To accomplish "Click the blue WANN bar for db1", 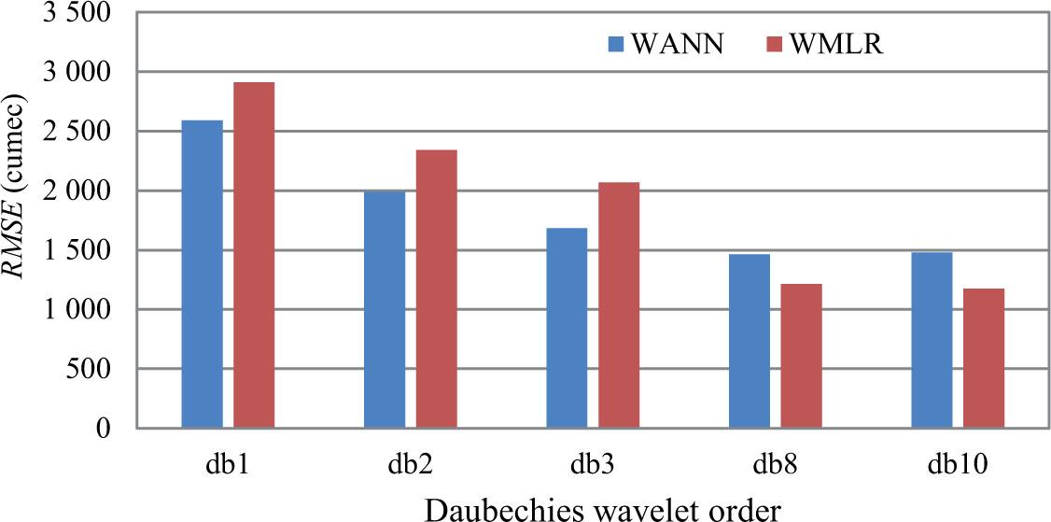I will point(203,275).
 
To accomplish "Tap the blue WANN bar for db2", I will point(385,309).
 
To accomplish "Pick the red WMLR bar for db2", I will point(436,289).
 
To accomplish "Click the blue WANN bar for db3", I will point(567,328).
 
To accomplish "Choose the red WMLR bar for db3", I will point(619,305).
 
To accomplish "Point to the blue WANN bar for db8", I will point(750,341).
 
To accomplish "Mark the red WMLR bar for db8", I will point(801,356).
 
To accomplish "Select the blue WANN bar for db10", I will point(932,340).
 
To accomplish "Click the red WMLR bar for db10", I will point(984,359).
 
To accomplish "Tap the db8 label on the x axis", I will point(775,463).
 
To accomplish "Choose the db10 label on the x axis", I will point(957,463).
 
